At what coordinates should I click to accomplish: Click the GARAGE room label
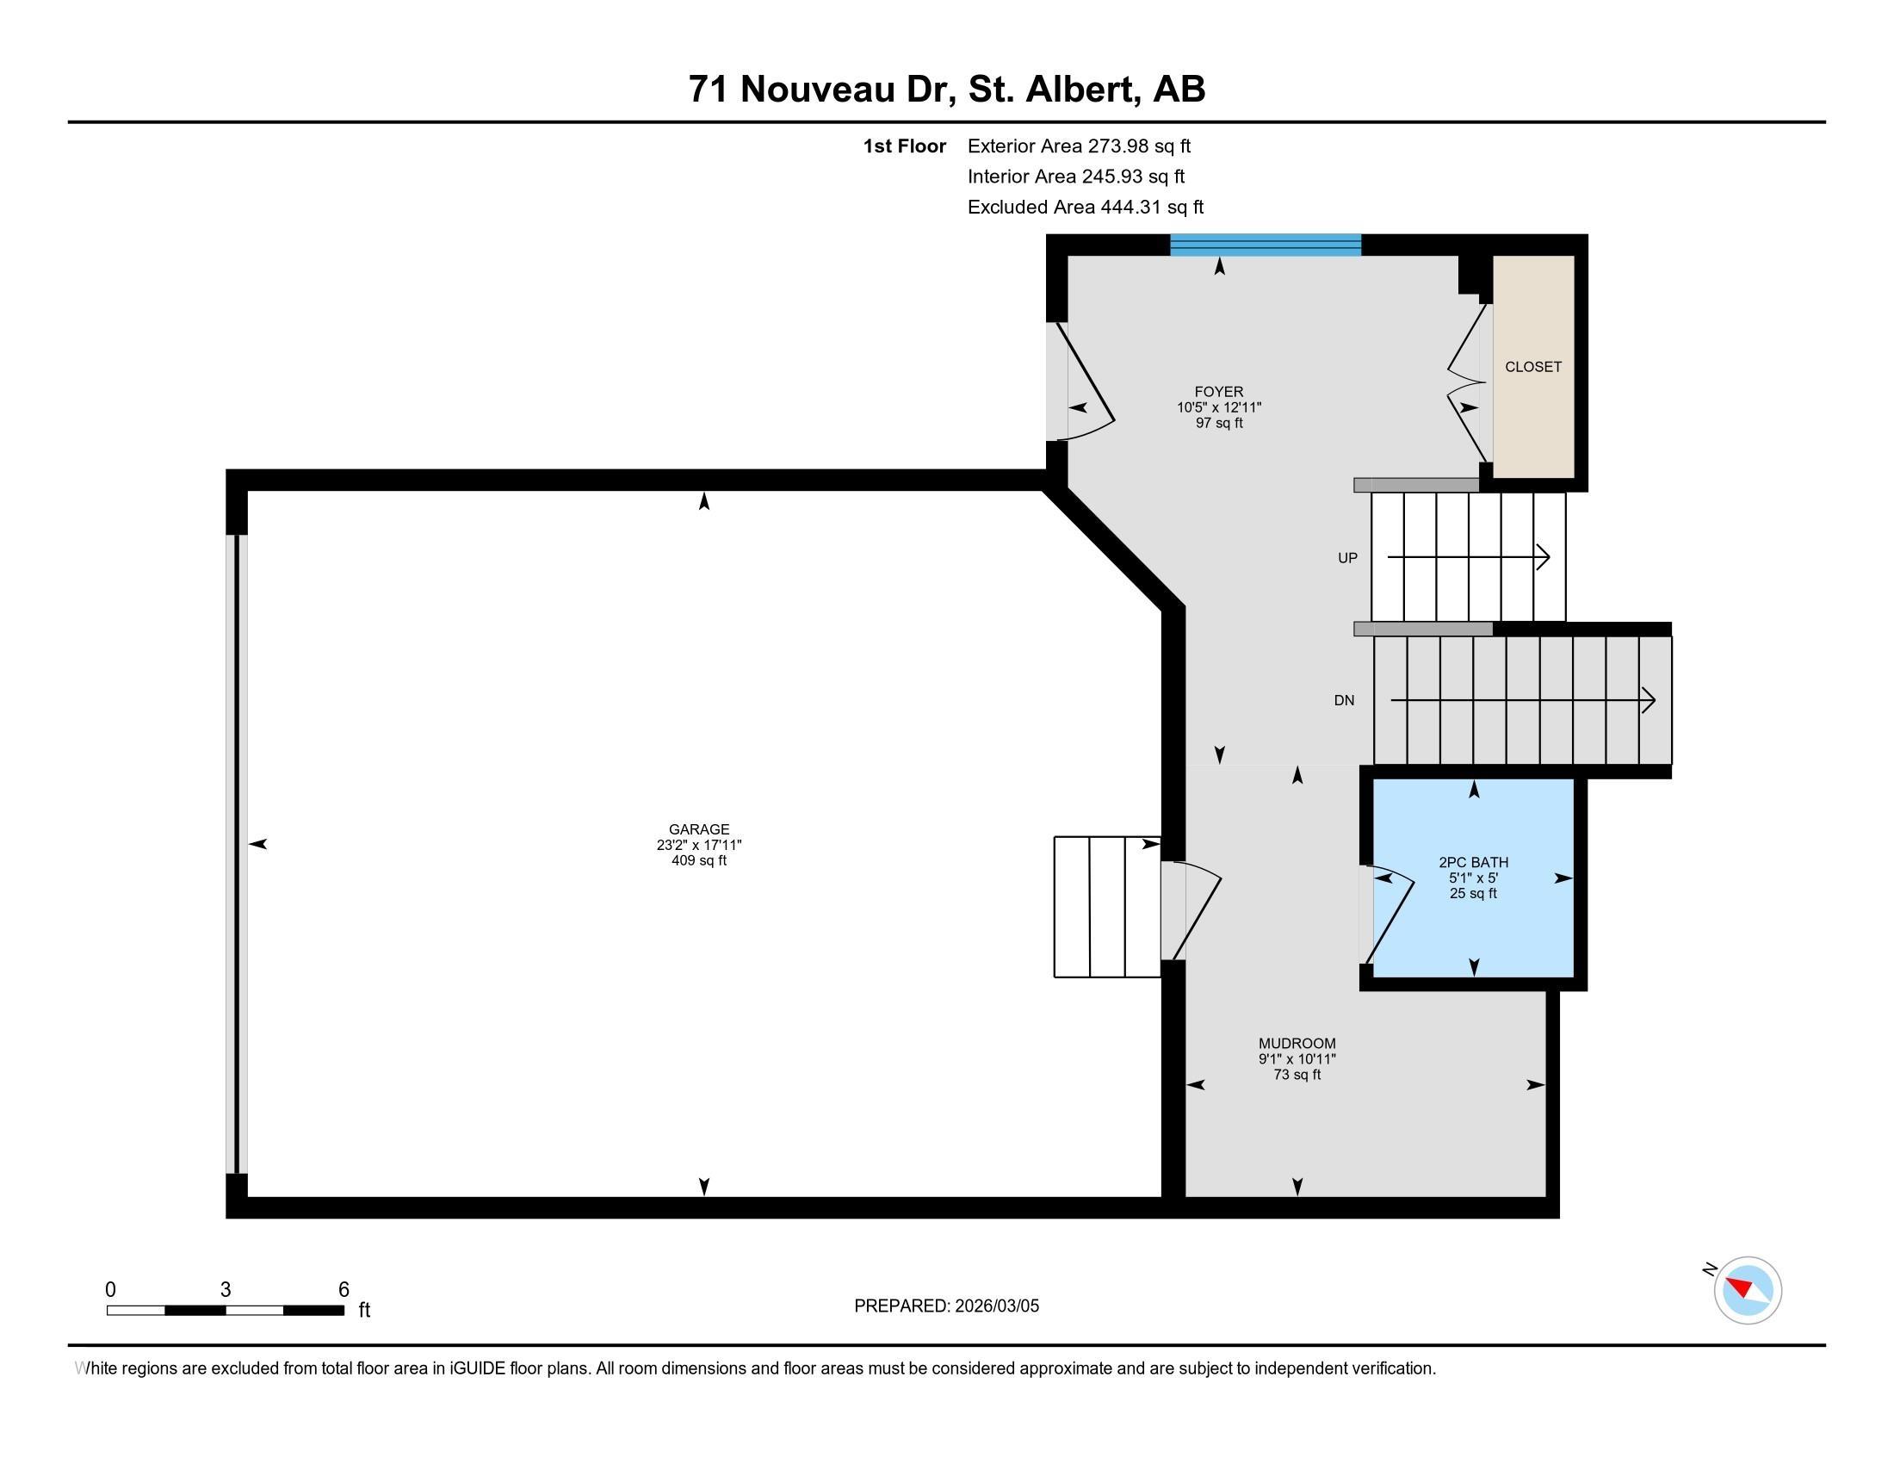pyautogui.click(x=699, y=829)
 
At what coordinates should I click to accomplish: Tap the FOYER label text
pyautogui.click(x=1218, y=392)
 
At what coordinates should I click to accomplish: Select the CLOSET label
pyautogui.click(x=1532, y=367)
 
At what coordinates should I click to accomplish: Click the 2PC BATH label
pyautogui.click(x=1473, y=862)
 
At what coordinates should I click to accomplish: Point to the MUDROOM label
pyautogui.click(x=1297, y=1044)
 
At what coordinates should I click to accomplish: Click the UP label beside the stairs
pyautogui.click(x=1346, y=559)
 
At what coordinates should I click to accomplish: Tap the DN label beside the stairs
pyautogui.click(x=1344, y=701)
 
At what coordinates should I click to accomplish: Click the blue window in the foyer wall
pyautogui.click(x=1265, y=245)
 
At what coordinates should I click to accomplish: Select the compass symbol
pyautogui.click(x=1747, y=1290)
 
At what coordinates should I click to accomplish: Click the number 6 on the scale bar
pyautogui.click(x=344, y=1290)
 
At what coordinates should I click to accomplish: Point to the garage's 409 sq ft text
pyautogui.click(x=699, y=861)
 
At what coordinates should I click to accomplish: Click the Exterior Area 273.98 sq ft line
pyautogui.click(x=1079, y=146)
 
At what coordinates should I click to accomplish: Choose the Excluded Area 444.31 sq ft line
pyautogui.click(x=1085, y=208)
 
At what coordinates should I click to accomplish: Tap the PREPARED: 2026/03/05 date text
pyautogui.click(x=946, y=1306)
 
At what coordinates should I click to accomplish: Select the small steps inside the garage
pyautogui.click(x=1106, y=906)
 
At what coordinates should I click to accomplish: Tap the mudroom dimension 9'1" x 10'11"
pyautogui.click(x=1297, y=1059)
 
